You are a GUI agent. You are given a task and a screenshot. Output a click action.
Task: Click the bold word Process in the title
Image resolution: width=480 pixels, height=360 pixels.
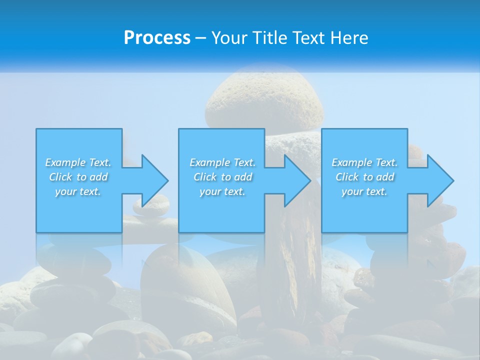157,38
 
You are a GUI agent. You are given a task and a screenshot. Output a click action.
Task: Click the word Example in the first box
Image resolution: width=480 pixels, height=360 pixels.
65,162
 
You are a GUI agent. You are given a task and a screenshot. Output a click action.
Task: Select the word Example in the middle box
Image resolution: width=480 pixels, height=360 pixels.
209,162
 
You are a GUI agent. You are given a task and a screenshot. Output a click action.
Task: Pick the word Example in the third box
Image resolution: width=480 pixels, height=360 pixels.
351,162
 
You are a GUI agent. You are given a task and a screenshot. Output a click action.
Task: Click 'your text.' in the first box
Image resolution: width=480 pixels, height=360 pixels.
78,191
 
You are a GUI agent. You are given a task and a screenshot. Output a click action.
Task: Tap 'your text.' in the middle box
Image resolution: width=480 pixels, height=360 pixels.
222,191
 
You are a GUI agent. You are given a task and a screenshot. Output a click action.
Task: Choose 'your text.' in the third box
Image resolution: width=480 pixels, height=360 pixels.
364,191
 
